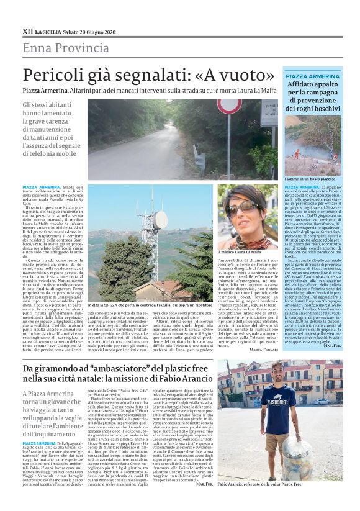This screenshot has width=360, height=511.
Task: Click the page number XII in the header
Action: [x=27, y=30]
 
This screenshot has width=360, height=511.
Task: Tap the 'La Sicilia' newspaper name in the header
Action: [x=48, y=30]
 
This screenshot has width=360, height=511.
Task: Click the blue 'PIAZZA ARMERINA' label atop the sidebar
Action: [x=312, y=76]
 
